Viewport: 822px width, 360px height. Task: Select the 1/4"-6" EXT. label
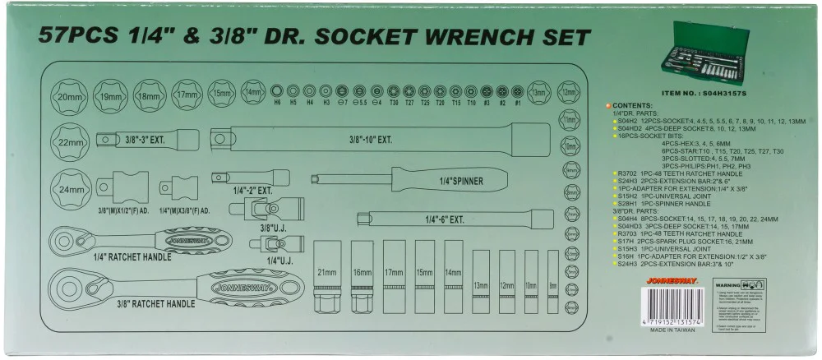(445, 219)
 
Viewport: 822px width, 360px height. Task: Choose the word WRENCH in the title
(475, 38)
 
